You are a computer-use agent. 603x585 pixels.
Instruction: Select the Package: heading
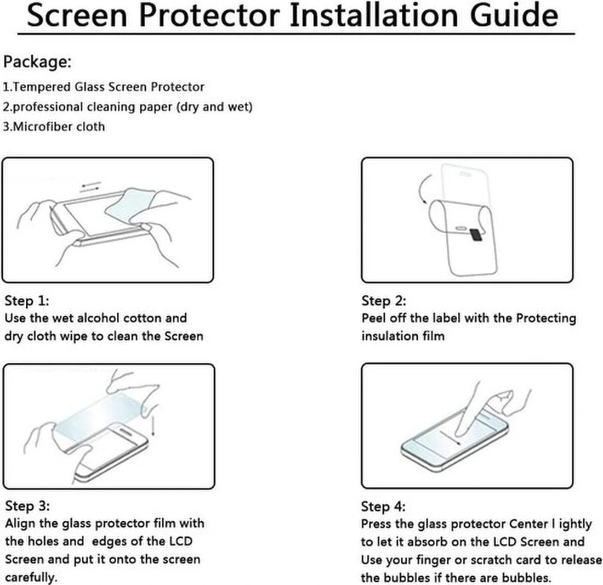pos(37,61)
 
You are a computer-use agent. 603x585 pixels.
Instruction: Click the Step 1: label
pos(27,300)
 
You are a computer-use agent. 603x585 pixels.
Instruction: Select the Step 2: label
pos(384,300)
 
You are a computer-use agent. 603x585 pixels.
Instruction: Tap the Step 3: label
pos(27,505)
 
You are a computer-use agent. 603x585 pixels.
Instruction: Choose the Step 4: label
pos(383,506)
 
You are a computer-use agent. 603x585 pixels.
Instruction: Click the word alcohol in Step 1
pos(99,318)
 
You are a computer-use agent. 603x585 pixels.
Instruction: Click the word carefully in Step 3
pos(31,577)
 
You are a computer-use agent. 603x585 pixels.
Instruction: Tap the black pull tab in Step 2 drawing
pos(476,234)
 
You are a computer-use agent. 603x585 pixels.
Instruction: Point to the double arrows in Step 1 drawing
pos(90,187)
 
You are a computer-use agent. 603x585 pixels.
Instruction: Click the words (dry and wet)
pos(214,106)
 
